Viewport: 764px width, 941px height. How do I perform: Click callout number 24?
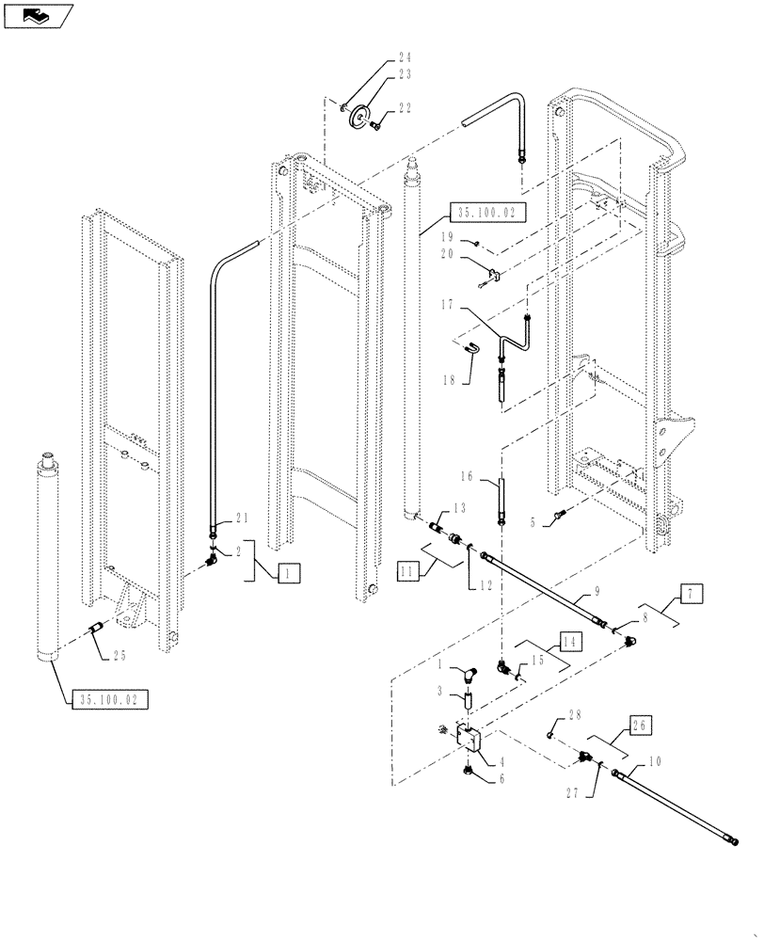(405, 57)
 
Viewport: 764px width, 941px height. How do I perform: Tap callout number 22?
(405, 110)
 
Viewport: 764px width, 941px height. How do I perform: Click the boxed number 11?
(406, 569)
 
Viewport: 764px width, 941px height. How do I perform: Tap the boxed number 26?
(642, 726)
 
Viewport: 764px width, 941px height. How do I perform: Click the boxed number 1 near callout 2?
(289, 571)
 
